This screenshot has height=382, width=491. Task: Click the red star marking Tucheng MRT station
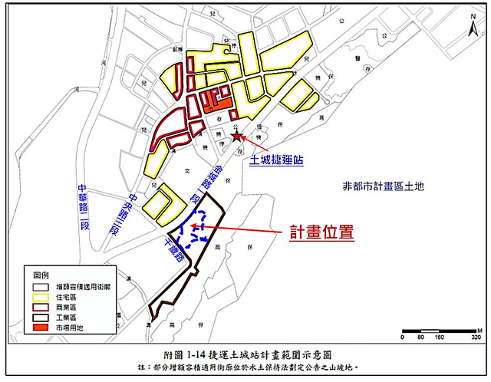click(x=238, y=136)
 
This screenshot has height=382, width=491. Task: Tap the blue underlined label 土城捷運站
click(x=277, y=161)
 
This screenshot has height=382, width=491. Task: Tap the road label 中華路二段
click(x=83, y=201)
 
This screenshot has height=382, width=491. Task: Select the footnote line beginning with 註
click(x=245, y=368)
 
